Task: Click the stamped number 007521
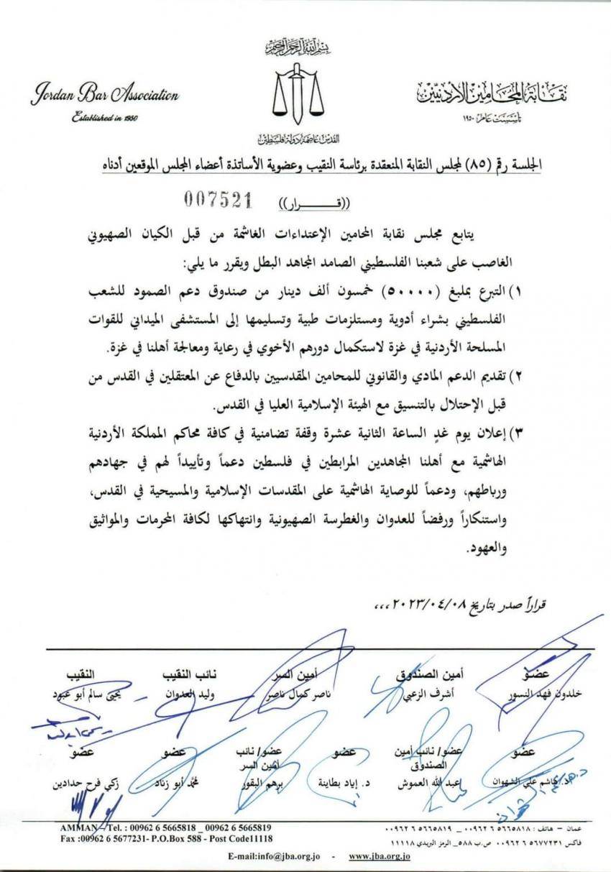pyautogui.click(x=213, y=201)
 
